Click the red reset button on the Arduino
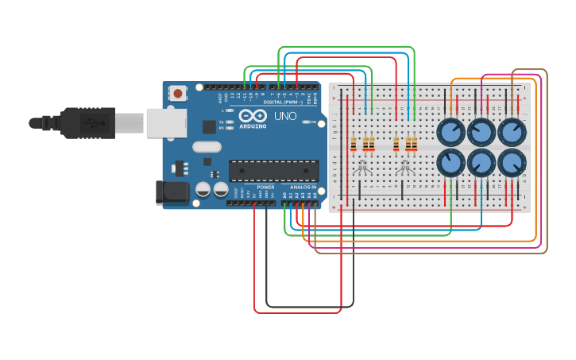tap(177, 93)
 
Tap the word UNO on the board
tap(285, 116)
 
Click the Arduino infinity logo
tap(253, 116)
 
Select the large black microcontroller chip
tap(273, 170)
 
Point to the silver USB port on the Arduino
tap(165, 123)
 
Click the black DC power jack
tap(172, 192)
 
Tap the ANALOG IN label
tap(302, 187)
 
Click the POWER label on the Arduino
tap(265, 187)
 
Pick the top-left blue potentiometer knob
tap(450, 131)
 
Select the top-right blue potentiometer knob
tap(512, 131)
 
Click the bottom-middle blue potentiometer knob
tap(481, 162)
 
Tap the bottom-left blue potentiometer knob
tap(450, 162)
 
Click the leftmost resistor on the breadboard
tap(354, 144)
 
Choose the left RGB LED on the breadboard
tap(362, 168)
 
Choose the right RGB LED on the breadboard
tap(404, 168)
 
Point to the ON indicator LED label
tap(311, 122)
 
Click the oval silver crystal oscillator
tap(207, 146)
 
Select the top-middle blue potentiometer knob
tap(481, 131)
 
